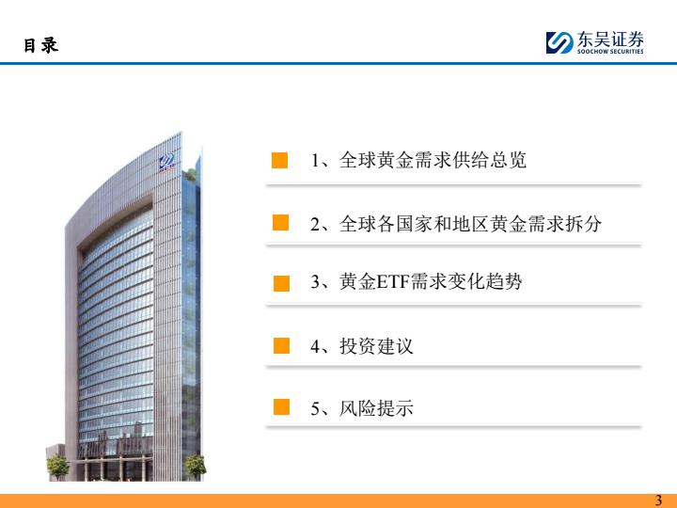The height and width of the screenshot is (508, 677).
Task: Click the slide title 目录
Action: point(40,45)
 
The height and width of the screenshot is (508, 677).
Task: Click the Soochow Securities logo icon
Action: point(559,42)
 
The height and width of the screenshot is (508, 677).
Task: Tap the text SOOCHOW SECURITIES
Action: point(610,52)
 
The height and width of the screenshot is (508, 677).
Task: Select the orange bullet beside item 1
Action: point(280,160)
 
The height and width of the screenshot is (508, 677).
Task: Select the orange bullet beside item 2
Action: point(280,222)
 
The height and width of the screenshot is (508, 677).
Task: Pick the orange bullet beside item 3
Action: point(281,284)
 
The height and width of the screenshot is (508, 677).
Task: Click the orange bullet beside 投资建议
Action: point(281,345)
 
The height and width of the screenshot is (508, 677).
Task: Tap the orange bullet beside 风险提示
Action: point(281,407)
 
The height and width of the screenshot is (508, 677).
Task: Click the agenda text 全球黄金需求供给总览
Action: point(433,160)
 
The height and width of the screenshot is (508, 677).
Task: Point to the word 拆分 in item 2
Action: point(583,224)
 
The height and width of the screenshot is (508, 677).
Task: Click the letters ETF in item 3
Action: point(392,282)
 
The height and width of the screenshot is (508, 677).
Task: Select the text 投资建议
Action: point(376,346)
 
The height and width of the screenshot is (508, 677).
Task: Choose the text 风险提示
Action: point(376,407)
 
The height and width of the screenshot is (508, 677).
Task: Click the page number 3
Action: point(658,500)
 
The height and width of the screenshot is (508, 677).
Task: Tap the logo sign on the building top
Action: point(166,162)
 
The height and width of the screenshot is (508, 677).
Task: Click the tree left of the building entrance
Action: point(58,467)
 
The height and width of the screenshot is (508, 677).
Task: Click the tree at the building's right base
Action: point(196,467)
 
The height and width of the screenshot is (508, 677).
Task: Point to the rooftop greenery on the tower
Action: point(190,175)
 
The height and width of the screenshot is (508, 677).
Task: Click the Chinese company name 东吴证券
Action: point(610,40)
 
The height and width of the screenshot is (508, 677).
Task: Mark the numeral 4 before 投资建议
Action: point(315,346)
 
